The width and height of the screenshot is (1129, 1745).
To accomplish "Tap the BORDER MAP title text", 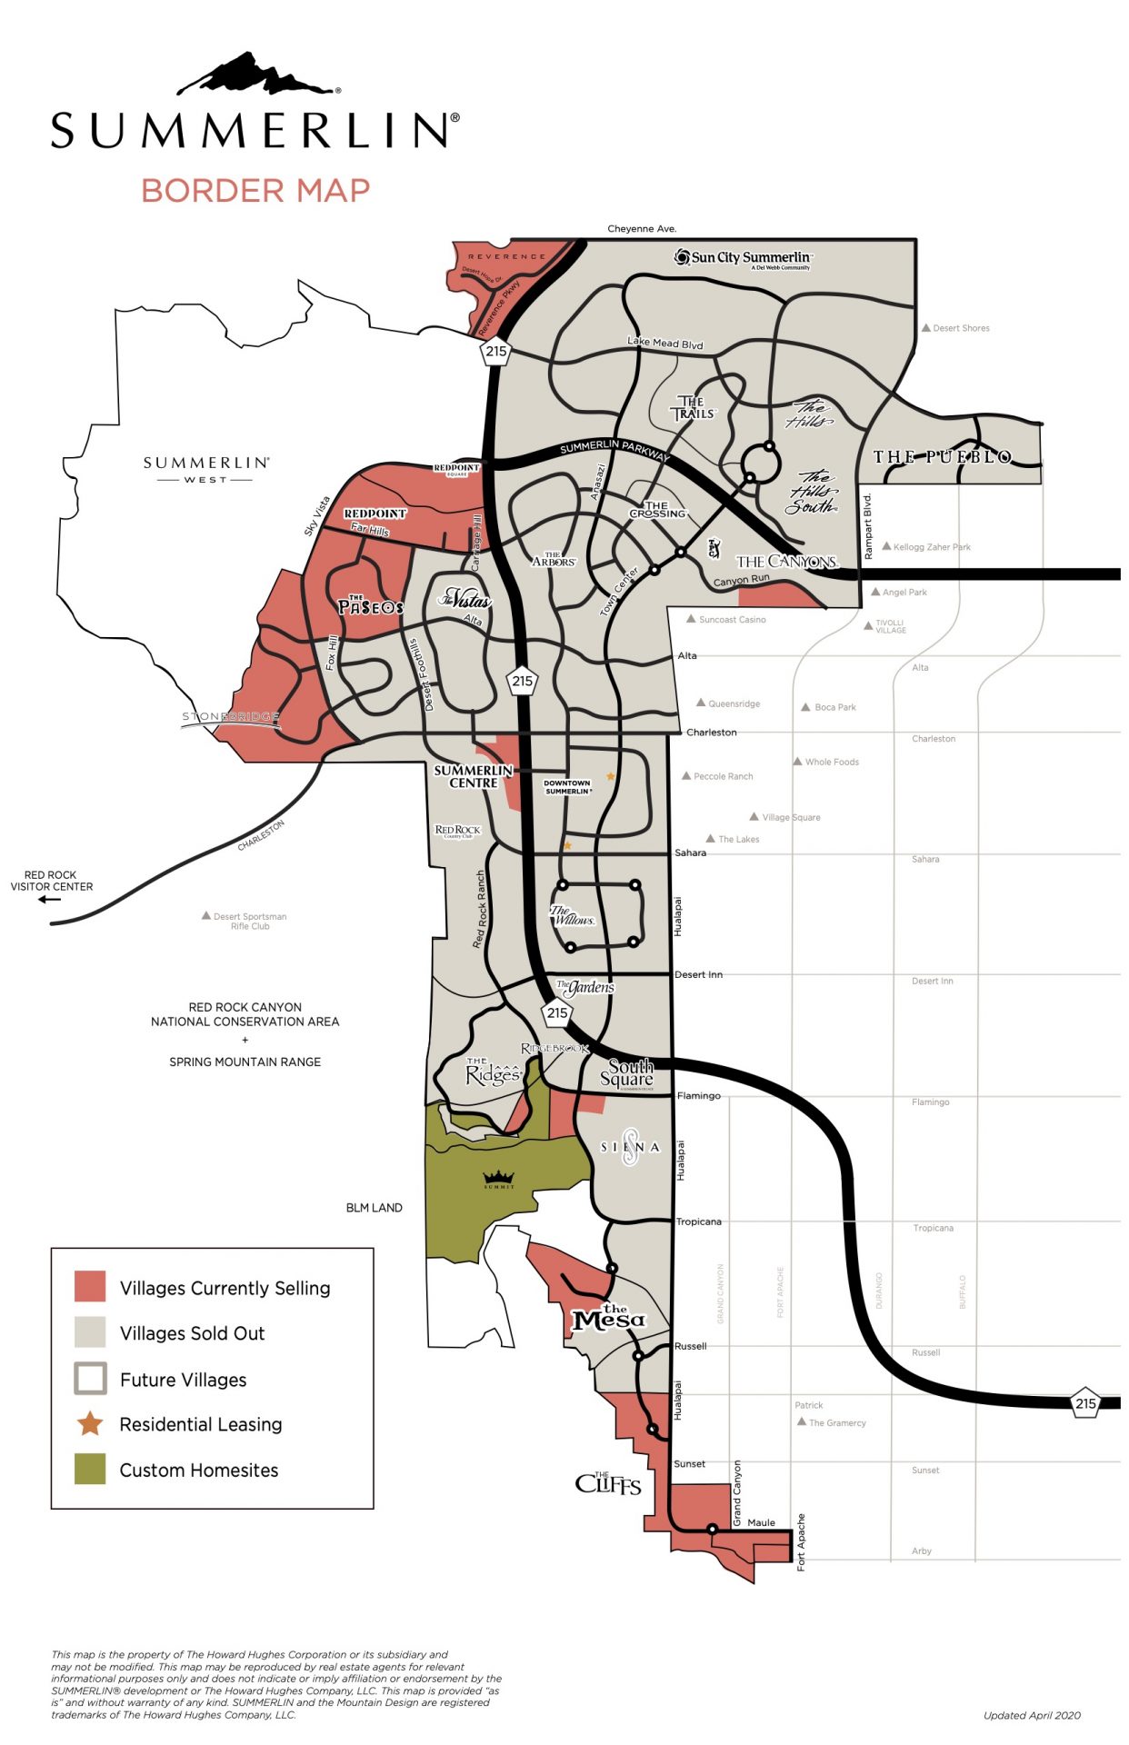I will pyautogui.click(x=255, y=191).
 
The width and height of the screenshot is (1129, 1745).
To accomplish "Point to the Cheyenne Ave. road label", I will pyautogui.click(x=642, y=228).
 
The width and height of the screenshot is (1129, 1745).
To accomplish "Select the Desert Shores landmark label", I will pyautogui.click(x=960, y=328).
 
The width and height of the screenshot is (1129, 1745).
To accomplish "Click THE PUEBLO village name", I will pyautogui.click(x=943, y=457).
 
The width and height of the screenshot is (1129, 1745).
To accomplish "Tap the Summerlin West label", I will pyautogui.click(x=206, y=468).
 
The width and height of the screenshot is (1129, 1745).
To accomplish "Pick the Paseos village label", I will pyautogui.click(x=370, y=605).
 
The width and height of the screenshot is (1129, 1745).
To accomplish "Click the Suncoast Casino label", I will pyautogui.click(x=732, y=620).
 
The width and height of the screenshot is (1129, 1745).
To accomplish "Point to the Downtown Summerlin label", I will pyautogui.click(x=567, y=786).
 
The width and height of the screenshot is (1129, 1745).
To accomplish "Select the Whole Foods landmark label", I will pyautogui.click(x=831, y=762).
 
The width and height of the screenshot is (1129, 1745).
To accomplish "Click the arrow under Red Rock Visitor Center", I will pyautogui.click(x=49, y=900).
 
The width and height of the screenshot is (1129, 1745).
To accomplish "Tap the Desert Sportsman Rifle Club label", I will pyautogui.click(x=249, y=921).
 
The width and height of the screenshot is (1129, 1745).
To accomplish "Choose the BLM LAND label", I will pyautogui.click(x=374, y=1208).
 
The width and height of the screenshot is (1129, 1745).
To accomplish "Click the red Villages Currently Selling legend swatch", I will pyautogui.click(x=90, y=1287).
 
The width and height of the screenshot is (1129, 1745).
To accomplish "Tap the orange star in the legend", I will pyautogui.click(x=90, y=1423).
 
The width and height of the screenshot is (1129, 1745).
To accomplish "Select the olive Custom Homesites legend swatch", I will pyautogui.click(x=90, y=1470).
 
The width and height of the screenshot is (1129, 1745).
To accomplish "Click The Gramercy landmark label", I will pyautogui.click(x=836, y=1422).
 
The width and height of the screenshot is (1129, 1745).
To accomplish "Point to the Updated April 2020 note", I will pyautogui.click(x=1032, y=1715).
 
